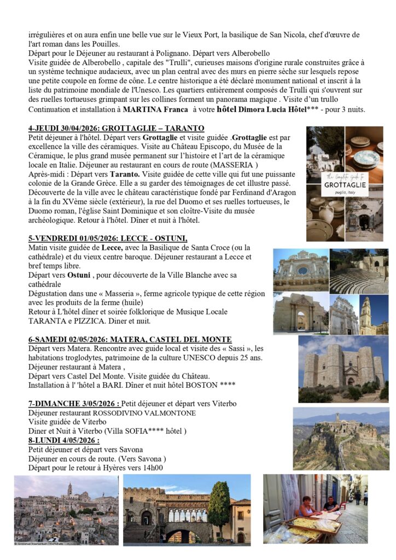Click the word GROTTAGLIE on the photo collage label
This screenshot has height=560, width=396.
tap(344, 185)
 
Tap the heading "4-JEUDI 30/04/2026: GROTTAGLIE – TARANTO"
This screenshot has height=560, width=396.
tap(116, 129)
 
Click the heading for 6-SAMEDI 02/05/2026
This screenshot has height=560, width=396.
tap(130, 340)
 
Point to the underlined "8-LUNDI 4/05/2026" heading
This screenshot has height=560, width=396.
tap(63, 441)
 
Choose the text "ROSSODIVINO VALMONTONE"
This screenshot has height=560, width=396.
tap(144, 413)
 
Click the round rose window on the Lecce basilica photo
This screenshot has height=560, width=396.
tap(302, 270)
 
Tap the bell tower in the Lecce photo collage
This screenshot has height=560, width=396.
tap(365, 314)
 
